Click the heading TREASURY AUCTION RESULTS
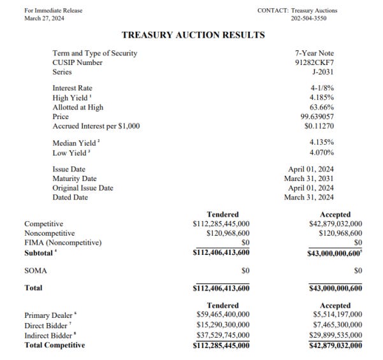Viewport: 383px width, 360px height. pos(184,34)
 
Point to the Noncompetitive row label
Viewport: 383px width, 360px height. pos(50,233)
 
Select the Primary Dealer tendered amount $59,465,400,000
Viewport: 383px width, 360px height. pos(220,315)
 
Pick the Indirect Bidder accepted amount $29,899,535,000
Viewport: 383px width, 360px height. pos(333,335)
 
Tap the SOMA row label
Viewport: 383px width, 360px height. pos(36,271)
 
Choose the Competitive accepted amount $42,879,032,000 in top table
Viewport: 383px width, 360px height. pos(333,224)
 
